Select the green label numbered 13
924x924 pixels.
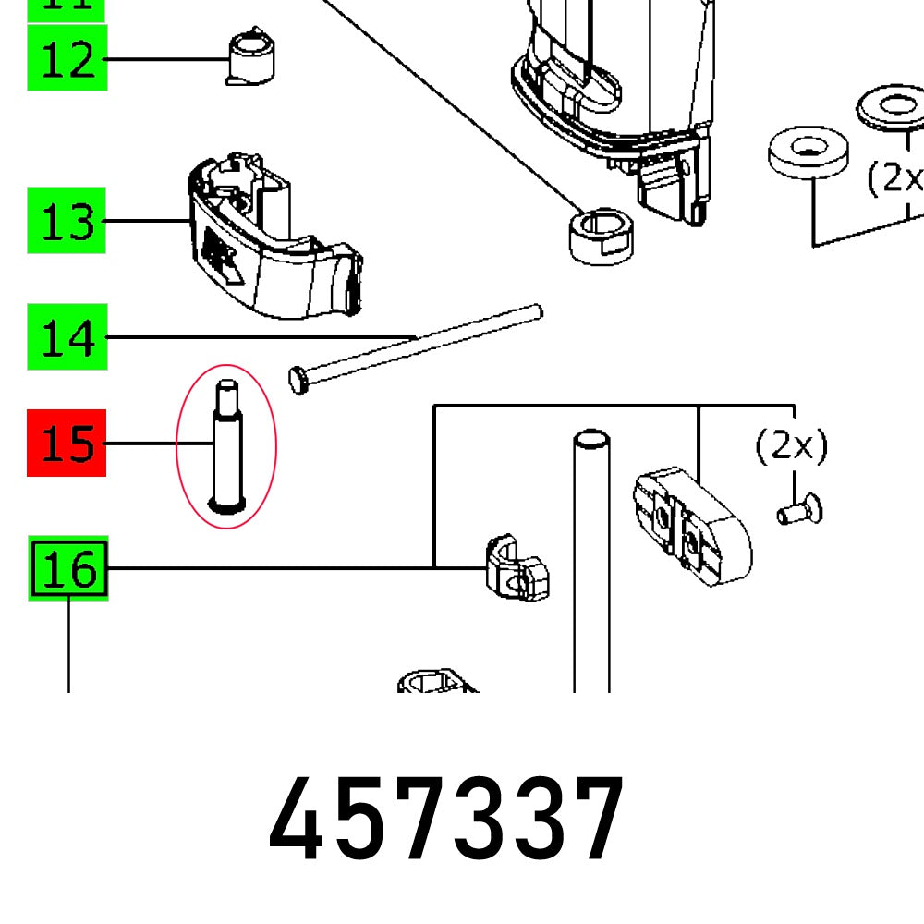[x=67, y=221]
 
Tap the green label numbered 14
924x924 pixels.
[x=67, y=337]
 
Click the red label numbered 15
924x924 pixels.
[x=67, y=444]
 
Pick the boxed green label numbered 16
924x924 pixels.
[x=69, y=568]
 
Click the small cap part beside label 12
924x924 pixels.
[x=250, y=56]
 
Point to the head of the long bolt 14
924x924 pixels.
[x=298, y=380]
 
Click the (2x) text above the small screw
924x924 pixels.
[x=792, y=448]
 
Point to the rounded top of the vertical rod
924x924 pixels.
[x=591, y=438]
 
